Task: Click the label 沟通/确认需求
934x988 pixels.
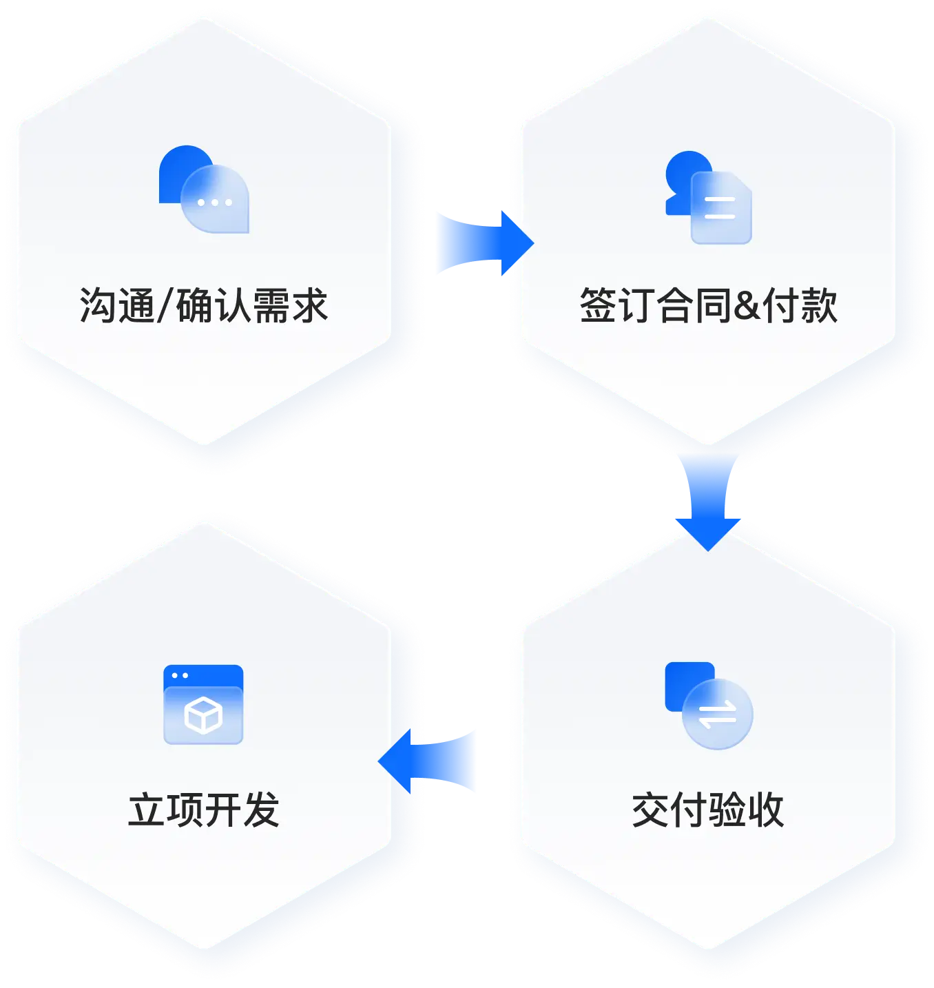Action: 204,306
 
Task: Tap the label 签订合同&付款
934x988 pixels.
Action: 708,306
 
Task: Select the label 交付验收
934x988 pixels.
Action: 708,810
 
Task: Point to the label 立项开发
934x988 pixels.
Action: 204,810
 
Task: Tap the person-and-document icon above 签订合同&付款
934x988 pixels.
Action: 709,198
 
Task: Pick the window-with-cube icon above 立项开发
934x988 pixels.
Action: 204,704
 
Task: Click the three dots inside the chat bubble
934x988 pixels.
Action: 215,203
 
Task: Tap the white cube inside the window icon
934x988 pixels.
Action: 203,716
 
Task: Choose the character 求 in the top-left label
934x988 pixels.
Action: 309,306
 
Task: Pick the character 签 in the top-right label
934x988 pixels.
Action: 598,306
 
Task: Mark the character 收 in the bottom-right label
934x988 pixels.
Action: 765,810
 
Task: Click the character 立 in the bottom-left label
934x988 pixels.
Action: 147,810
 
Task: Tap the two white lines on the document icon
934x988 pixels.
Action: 720,208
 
